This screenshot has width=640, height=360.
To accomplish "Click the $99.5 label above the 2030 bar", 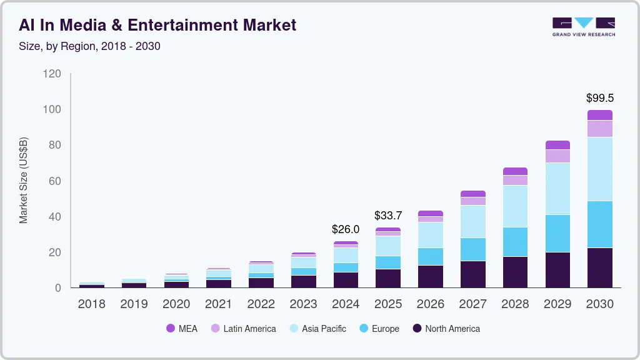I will coord(599,98).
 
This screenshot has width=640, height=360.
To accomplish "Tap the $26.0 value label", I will coord(346,229).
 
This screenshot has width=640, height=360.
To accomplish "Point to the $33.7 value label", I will coord(388,216).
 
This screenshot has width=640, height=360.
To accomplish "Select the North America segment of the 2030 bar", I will coord(599,267).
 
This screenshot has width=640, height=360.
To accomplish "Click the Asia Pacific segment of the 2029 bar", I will coord(557,189).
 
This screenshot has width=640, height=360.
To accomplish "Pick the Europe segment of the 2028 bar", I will coord(515,242).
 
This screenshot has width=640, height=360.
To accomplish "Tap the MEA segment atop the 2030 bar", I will coord(599,115).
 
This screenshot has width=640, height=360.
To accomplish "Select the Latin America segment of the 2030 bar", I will coord(599,129).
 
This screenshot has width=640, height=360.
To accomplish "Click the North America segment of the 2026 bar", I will coord(430,276).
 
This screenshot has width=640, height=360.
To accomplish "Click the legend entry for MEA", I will coord(182,329).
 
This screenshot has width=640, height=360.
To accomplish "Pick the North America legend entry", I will coord(446,329).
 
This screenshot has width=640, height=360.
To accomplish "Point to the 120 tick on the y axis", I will coord(52,74).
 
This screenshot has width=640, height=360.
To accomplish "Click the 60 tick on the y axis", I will coord(55,181).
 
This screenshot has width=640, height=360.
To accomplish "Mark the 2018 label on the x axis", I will coord(91,304).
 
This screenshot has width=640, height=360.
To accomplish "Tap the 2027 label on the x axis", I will coord(472,304).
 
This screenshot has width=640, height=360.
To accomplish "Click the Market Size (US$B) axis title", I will coord(24,180).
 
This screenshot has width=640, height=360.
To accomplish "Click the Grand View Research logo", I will coord(583,27).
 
